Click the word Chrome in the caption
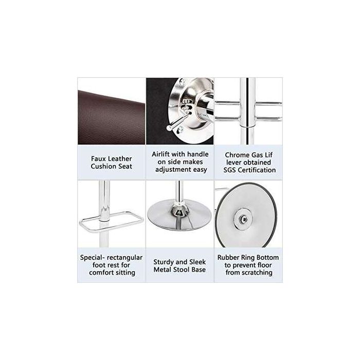(x=233, y=154)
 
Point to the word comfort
(x=101, y=273)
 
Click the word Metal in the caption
(x=164, y=269)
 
